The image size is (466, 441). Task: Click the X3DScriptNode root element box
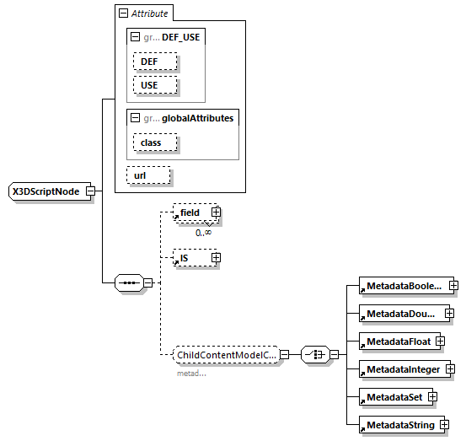(x=46, y=191)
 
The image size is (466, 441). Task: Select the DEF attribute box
(x=155, y=62)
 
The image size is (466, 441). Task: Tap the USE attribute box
(x=155, y=85)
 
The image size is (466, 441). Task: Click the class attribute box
(x=154, y=143)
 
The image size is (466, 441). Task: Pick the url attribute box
(x=148, y=175)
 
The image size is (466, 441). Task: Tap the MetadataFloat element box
(x=397, y=342)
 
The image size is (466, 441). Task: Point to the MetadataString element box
(x=400, y=425)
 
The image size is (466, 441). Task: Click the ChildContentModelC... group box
(x=226, y=355)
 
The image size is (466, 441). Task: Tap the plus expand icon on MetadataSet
(x=432, y=396)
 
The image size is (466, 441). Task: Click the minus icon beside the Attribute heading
(x=123, y=13)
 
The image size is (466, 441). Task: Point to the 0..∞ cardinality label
(x=203, y=232)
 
